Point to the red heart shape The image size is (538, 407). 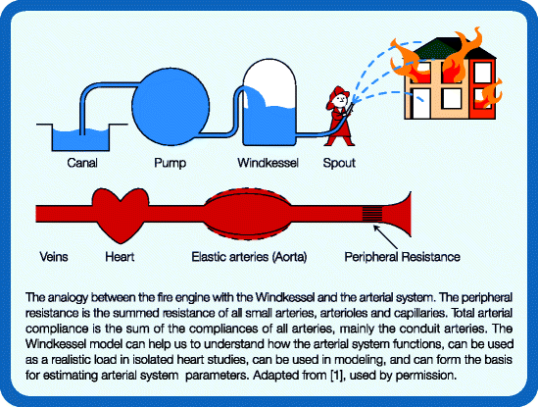[x=130, y=212]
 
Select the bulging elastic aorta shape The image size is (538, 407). [x=247, y=212]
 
